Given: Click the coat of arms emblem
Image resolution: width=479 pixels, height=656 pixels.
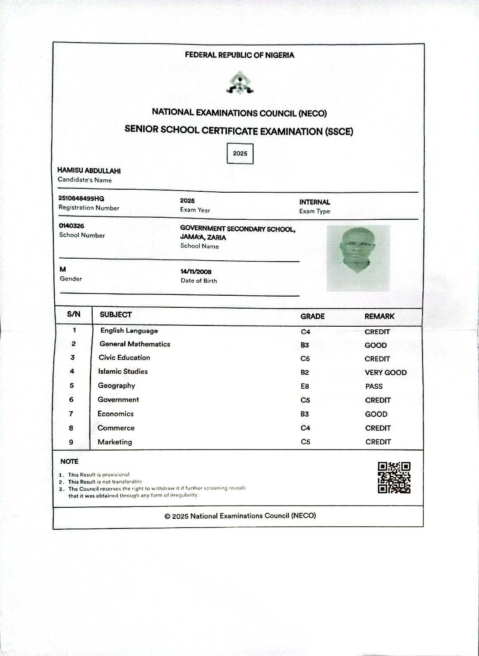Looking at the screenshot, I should click(x=240, y=83).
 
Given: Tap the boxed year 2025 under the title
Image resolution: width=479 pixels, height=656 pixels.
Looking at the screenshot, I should click(x=240, y=153).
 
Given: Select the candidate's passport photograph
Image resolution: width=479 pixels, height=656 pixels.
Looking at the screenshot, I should click(x=358, y=258).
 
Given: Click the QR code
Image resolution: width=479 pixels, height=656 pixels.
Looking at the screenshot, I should click(x=394, y=478).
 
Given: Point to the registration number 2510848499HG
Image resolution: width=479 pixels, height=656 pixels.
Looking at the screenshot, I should click(x=81, y=199).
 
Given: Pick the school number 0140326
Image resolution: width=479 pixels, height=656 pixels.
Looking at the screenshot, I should click(x=72, y=226).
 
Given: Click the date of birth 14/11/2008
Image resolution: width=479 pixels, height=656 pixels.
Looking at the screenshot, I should click(x=196, y=272).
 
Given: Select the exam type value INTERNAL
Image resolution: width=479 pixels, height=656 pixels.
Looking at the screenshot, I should click(x=315, y=202).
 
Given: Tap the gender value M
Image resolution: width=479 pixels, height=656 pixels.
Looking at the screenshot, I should click(x=63, y=269).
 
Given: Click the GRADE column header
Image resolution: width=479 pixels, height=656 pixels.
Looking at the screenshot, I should click(x=313, y=316).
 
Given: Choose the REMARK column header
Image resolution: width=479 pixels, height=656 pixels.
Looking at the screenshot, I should click(x=379, y=316).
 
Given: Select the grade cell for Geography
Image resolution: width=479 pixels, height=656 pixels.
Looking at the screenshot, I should click(x=305, y=386).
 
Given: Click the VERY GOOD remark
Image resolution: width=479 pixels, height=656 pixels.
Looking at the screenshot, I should click(x=385, y=372).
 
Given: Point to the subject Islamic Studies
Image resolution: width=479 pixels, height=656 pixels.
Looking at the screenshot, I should click(x=123, y=372).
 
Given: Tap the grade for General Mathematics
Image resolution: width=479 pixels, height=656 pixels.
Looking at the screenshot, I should click(x=305, y=345).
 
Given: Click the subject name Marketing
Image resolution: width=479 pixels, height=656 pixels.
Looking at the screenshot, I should click(x=115, y=442).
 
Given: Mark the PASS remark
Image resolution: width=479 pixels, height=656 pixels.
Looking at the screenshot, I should click(x=374, y=386).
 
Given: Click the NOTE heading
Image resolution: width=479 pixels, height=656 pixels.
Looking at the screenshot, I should click(x=69, y=462).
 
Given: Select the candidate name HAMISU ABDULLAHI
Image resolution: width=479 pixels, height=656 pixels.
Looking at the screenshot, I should click(x=89, y=171).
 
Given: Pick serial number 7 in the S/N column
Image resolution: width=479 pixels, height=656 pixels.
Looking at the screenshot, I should click(x=71, y=414).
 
